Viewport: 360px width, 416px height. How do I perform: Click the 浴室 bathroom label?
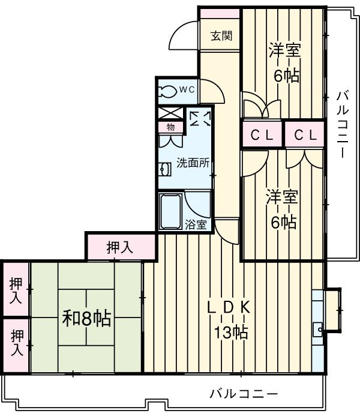pyautogui.click(x=196, y=225)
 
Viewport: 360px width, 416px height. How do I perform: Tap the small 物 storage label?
pyautogui.click(x=170, y=127)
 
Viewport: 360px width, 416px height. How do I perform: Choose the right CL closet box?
pyautogui.click(x=304, y=135)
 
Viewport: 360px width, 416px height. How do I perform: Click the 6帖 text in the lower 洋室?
pyautogui.click(x=283, y=223)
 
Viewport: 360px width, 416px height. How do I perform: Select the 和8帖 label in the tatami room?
pyautogui.click(x=86, y=318)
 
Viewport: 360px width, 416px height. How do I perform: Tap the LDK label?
pyautogui.click(x=228, y=307)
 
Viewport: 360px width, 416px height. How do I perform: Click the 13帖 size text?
pyautogui.click(x=228, y=332)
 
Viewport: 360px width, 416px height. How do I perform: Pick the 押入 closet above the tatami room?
pyautogui.click(x=121, y=247)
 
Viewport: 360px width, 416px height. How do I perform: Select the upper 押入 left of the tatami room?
pyautogui.click(x=16, y=289)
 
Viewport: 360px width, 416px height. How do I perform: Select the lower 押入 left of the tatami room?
pyautogui.click(x=16, y=343)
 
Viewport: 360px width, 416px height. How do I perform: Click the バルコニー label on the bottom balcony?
pyautogui.click(x=244, y=394)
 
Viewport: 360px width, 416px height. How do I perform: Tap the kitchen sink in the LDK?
pyautogui.click(x=317, y=328)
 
